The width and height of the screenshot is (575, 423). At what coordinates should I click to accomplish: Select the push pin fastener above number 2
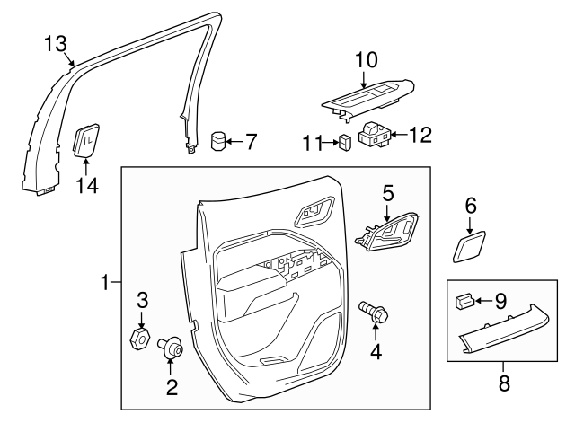(170, 347)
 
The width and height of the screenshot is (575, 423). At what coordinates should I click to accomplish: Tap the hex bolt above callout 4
(374, 312)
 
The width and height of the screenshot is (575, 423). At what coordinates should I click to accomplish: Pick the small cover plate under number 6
(469, 246)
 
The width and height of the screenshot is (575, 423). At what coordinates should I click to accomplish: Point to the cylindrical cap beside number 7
(218, 141)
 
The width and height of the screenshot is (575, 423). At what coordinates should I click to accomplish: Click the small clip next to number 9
(464, 301)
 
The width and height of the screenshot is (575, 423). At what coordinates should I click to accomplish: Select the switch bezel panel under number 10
(368, 99)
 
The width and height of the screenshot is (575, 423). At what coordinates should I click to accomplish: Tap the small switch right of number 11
(346, 142)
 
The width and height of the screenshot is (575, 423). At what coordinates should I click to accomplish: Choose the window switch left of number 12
(375, 135)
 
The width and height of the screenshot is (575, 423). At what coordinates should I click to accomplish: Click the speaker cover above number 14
(86, 140)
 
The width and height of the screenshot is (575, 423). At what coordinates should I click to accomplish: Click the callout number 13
(56, 44)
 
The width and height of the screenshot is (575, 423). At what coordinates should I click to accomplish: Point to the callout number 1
(104, 282)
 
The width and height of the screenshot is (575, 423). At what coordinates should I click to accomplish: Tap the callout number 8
(504, 383)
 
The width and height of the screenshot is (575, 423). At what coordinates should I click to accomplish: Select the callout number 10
(367, 60)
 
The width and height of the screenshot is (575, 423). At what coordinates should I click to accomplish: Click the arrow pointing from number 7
(234, 142)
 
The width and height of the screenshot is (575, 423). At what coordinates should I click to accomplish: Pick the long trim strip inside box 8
(505, 330)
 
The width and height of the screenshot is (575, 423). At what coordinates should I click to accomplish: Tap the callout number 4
(376, 352)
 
